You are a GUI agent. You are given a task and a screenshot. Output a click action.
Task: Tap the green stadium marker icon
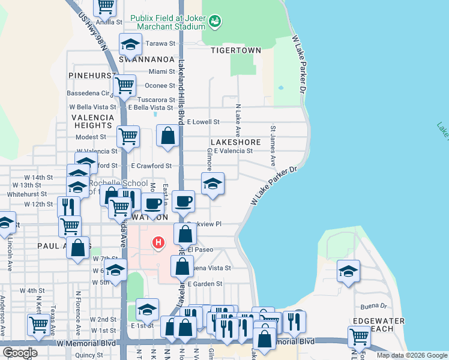point(214,22)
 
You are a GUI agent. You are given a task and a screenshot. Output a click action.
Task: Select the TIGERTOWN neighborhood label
point(236,50)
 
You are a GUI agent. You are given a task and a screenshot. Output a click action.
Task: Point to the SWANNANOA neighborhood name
point(146,60)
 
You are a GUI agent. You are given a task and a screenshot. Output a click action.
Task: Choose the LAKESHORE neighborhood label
point(235,142)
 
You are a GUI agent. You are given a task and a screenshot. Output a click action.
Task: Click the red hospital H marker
point(158,242)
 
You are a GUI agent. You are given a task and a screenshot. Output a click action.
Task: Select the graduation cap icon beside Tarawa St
point(130,44)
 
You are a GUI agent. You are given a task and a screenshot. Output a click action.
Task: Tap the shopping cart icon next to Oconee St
point(124,85)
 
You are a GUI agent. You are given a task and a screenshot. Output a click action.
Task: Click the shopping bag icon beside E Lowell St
point(168,136)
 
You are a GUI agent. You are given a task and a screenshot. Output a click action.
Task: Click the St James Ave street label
point(273,146)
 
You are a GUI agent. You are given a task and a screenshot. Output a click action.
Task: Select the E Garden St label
point(205,284)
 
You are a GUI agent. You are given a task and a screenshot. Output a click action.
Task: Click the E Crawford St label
point(151,166)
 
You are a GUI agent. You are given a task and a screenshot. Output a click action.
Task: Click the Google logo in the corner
point(20,353)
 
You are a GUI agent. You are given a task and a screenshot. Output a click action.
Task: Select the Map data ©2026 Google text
point(411,355)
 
